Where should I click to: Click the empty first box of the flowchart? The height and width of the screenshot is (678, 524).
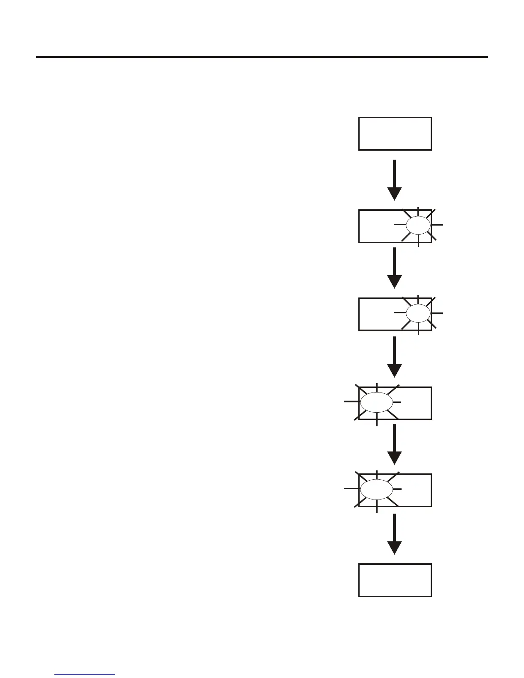pyautogui.click(x=395, y=134)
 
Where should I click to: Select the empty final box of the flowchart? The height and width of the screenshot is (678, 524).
pyautogui.click(x=395, y=580)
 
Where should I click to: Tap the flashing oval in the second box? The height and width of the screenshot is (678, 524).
pyautogui.click(x=418, y=225)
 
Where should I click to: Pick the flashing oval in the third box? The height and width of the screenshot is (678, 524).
pyautogui.click(x=418, y=313)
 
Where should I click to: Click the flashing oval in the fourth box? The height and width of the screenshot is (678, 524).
pyautogui.click(x=377, y=402)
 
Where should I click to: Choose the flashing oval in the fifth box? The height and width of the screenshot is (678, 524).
pyautogui.click(x=377, y=489)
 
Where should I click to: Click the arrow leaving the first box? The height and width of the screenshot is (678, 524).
pyautogui.click(x=394, y=180)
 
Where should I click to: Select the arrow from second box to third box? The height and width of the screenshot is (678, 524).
pyautogui.click(x=394, y=268)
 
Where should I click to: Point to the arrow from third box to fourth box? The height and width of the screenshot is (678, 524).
pyautogui.click(x=394, y=357)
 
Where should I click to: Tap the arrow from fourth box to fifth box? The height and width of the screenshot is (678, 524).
pyautogui.click(x=394, y=444)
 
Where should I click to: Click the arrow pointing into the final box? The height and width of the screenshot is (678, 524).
pyautogui.click(x=394, y=533)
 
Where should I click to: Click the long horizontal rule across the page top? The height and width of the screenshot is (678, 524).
pyautogui.click(x=262, y=56)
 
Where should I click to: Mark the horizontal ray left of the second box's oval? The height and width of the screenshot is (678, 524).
pyautogui.click(x=399, y=225)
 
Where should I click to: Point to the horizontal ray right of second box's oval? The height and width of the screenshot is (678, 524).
pyautogui.click(x=438, y=225)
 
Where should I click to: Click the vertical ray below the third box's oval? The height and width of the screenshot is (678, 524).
pyautogui.click(x=418, y=329)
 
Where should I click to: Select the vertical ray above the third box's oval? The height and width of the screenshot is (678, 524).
pyautogui.click(x=418, y=299)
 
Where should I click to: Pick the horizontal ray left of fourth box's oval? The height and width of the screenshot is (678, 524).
pyautogui.click(x=351, y=401)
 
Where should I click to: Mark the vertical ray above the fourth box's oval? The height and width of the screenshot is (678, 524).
pyautogui.click(x=377, y=387)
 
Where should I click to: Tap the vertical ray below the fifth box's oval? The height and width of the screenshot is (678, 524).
pyautogui.click(x=377, y=507)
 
